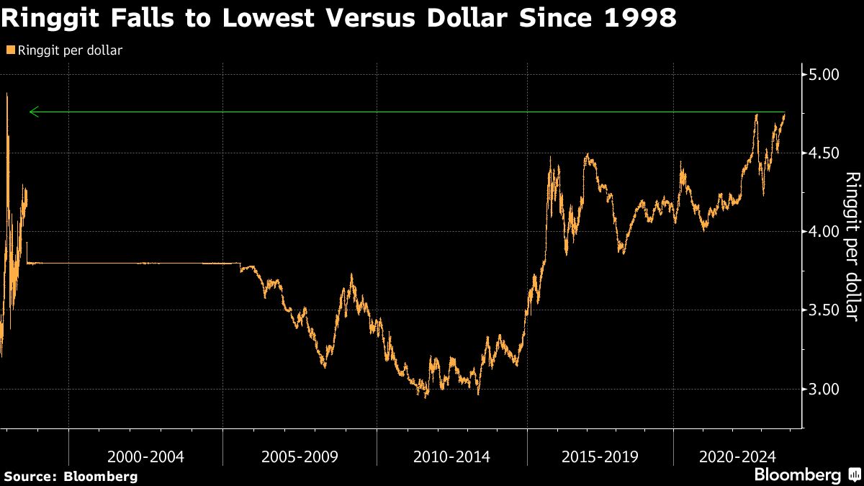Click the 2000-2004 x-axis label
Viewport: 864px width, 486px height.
(145, 456)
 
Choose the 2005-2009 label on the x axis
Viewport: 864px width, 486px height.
(299, 456)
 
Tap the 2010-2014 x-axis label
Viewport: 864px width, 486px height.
(452, 456)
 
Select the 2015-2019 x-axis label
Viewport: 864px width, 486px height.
(599, 456)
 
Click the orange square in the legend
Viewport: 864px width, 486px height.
(9, 50)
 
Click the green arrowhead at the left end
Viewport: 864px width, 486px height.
(32, 112)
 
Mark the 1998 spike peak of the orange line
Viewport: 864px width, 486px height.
(7, 94)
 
